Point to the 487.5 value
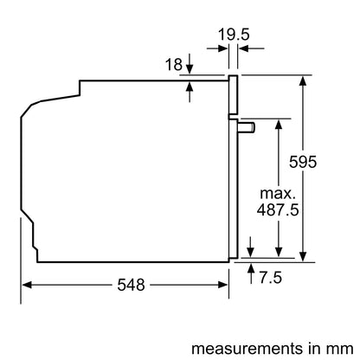click(x=277, y=210)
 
